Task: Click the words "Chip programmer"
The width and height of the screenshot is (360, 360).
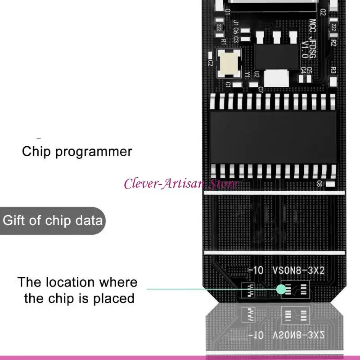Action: click(77, 151)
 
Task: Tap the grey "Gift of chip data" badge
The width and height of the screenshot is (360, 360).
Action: click(53, 221)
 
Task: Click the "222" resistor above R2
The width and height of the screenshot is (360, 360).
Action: click(333, 27)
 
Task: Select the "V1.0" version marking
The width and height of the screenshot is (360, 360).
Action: click(305, 49)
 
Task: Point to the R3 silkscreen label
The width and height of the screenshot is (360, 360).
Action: click(333, 70)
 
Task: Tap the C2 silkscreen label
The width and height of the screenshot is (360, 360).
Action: click(210, 63)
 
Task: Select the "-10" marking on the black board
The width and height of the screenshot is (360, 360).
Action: click(256, 270)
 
